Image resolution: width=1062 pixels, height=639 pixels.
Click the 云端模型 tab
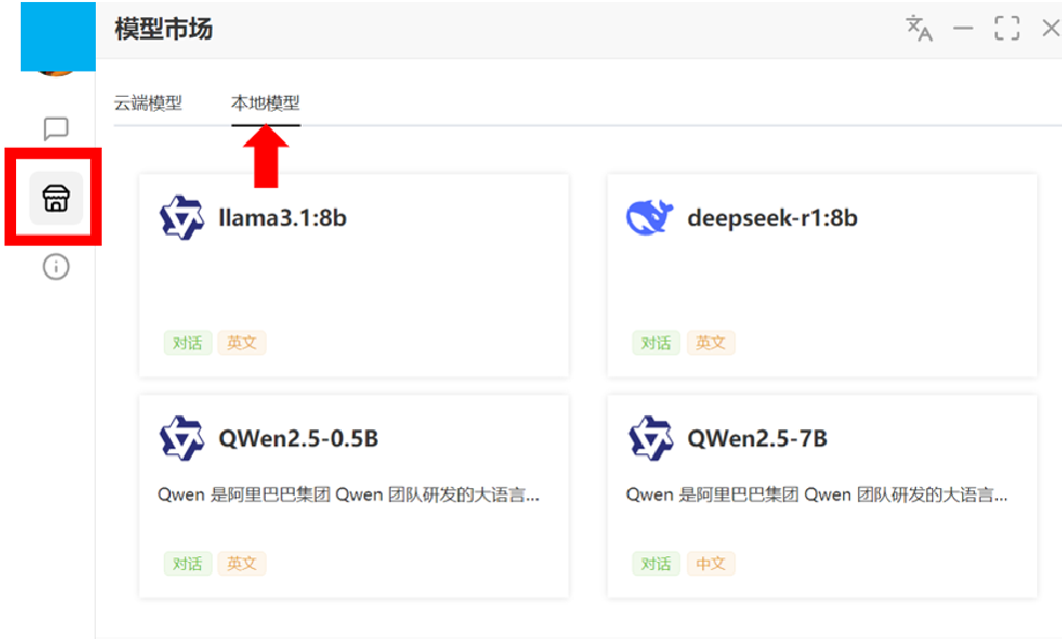coord(148,103)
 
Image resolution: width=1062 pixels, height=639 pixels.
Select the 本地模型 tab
coord(266,103)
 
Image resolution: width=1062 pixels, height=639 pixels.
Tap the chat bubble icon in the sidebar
coord(56,129)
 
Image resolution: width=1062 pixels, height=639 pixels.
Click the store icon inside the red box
coord(56,199)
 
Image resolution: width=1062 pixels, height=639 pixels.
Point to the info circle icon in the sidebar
coord(56,267)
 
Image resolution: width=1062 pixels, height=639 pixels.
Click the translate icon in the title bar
coord(919,28)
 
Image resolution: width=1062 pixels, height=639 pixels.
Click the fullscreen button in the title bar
coord(1006,28)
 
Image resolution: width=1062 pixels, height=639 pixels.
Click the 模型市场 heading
coord(163,29)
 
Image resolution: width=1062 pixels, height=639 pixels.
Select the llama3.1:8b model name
coord(283,218)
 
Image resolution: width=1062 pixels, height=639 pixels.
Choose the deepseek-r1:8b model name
coord(772,218)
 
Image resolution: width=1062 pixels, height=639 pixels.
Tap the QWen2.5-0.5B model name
coord(298,438)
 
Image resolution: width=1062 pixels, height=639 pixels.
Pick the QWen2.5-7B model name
coord(757,438)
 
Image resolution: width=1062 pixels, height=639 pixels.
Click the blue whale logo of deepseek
coord(649,218)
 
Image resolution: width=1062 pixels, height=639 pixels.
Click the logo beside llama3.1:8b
coord(182,218)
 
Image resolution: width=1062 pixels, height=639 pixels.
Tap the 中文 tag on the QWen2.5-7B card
coord(711,563)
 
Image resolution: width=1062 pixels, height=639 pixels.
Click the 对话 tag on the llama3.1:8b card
coord(188,342)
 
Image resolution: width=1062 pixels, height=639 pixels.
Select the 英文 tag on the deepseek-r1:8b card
coord(711,342)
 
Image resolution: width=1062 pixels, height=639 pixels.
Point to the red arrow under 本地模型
coord(266,157)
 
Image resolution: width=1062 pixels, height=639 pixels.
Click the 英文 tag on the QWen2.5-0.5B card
coord(242,563)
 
